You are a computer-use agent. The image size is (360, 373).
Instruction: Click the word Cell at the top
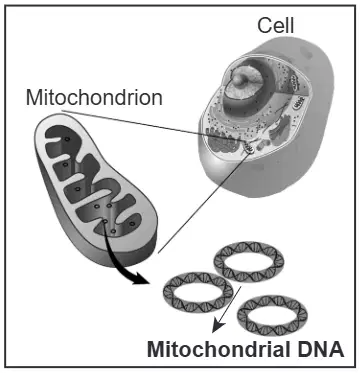tap(276, 25)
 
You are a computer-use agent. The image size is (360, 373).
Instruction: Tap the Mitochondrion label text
tap(94, 97)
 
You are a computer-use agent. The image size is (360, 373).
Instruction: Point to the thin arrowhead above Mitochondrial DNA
tap(218, 327)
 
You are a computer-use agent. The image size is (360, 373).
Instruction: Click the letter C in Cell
tap(265, 25)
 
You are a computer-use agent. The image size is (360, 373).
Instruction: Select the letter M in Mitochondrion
tap(34, 97)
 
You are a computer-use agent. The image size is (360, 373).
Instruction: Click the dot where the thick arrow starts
tap(105, 221)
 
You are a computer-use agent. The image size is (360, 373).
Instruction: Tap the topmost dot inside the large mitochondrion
tap(67, 139)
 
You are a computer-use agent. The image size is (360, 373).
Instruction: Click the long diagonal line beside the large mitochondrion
tap(204, 202)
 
